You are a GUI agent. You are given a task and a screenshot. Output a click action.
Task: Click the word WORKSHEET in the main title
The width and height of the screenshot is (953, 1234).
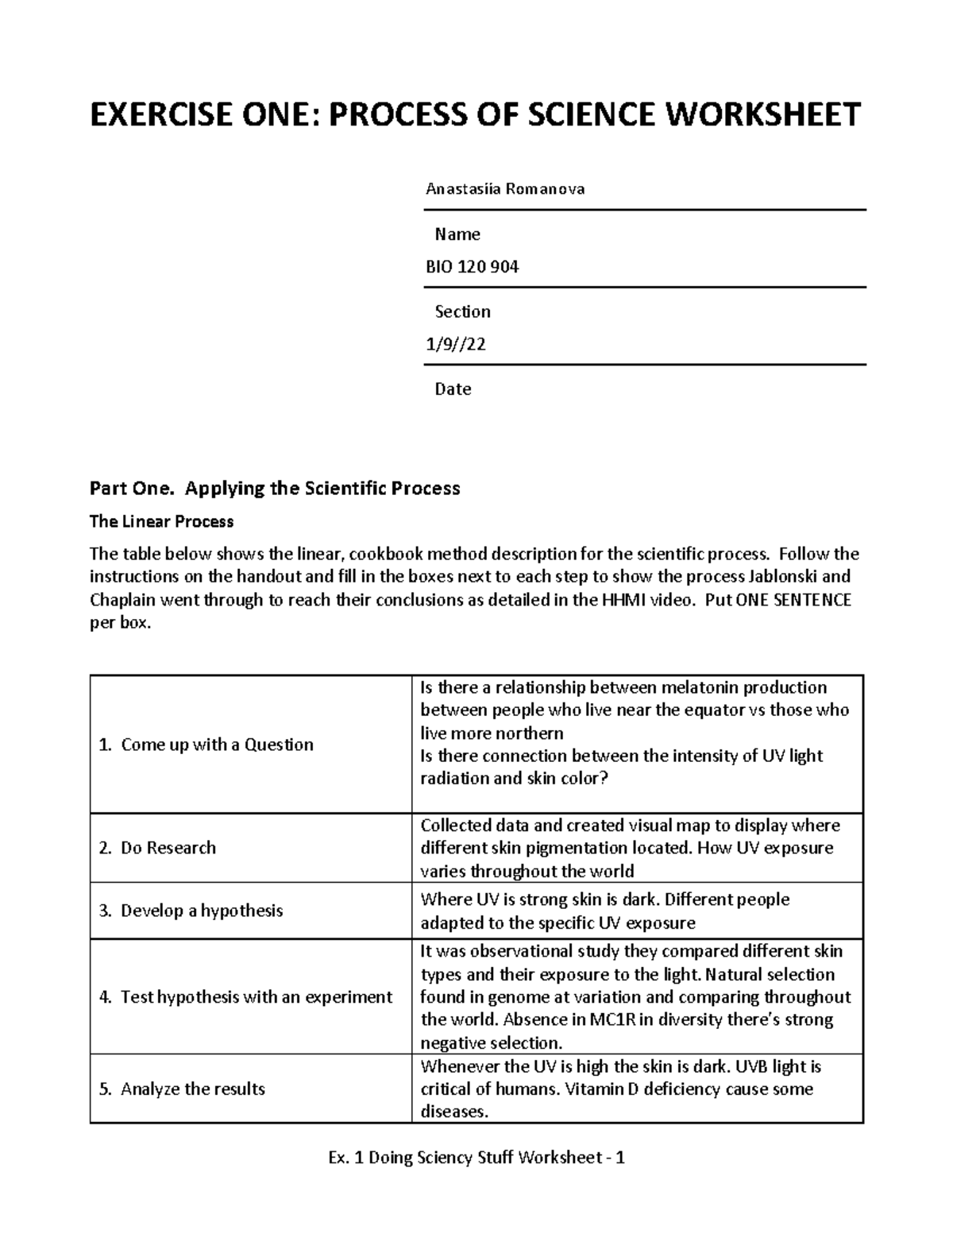762,115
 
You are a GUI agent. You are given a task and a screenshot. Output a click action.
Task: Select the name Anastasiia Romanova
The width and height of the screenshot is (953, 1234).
505,189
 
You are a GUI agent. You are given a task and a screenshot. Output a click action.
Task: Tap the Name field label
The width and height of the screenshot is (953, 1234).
457,234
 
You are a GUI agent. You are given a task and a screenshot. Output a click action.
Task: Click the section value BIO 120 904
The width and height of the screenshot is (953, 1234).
472,268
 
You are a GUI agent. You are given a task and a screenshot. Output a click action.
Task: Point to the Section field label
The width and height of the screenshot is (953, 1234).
462,311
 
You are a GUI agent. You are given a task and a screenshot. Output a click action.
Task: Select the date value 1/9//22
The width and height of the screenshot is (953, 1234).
456,345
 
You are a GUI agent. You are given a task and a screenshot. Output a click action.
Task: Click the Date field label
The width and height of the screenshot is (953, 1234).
453,389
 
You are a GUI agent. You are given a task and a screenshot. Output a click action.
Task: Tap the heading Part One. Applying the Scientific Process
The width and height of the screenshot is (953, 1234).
275,488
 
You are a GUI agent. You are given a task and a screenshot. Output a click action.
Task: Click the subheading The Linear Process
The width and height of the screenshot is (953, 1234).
161,522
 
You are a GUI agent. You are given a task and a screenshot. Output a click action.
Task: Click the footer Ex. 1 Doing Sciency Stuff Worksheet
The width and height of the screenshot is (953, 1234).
465,1158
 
